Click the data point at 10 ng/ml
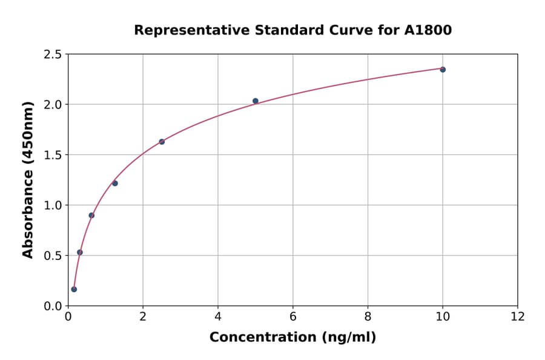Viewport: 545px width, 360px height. [x=443, y=70]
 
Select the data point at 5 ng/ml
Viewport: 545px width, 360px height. [x=256, y=101]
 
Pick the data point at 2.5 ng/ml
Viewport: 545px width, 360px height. [x=162, y=142]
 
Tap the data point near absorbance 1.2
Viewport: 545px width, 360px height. [x=115, y=183]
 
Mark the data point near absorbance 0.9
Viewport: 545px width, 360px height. [x=91, y=215]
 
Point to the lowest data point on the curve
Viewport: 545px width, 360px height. [x=74, y=289]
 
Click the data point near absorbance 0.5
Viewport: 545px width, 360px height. [x=80, y=252]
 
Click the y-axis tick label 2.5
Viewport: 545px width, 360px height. [x=52, y=55]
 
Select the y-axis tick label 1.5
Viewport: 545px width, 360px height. [x=52, y=155]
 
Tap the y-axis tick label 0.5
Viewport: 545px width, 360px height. [x=52, y=256]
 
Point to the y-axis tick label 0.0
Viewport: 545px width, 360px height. [x=52, y=306]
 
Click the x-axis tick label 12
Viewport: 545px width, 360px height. [x=518, y=316]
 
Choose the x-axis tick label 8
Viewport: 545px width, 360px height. [x=368, y=316]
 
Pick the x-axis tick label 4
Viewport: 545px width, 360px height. [x=218, y=316]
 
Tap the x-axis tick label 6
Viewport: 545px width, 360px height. [x=293, y=316]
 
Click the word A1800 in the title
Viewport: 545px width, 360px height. [x=428, y=30]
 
